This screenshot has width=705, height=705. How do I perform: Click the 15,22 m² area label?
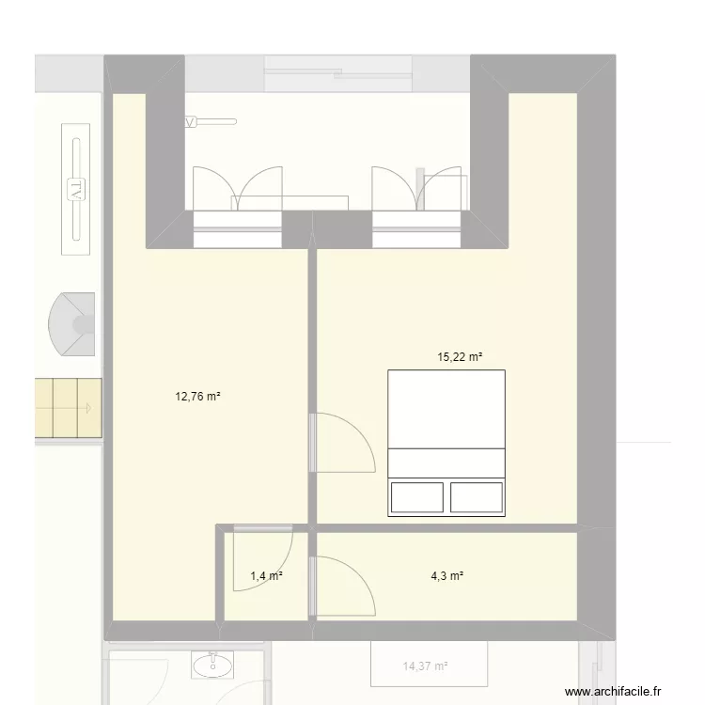(x=460, y=357)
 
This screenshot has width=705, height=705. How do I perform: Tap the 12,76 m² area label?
(x=197, y=396)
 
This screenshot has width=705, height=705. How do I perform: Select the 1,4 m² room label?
(x=266, y=575)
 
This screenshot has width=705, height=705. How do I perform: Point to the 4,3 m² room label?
(x=446, y=575)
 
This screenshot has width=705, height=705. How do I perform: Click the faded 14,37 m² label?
(x=425, y=666)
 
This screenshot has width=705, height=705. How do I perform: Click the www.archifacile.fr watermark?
(x=613, y=691)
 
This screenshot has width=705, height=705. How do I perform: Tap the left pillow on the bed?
(x=416, y=497)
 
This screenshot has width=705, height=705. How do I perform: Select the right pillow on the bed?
(x=477, y=497)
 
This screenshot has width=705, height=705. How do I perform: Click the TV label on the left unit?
(x=75, y=189)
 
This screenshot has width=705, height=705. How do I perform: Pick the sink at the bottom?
(x=212, y=665)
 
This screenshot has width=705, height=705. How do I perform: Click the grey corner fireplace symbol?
(x=72, y=324)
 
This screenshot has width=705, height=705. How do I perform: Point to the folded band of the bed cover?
(x=446, y=463)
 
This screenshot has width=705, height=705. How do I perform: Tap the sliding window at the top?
(x=338, y=73)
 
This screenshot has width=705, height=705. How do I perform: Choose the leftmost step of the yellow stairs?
(x=44, y=408)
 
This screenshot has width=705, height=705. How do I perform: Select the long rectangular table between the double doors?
(x=290, y=203)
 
